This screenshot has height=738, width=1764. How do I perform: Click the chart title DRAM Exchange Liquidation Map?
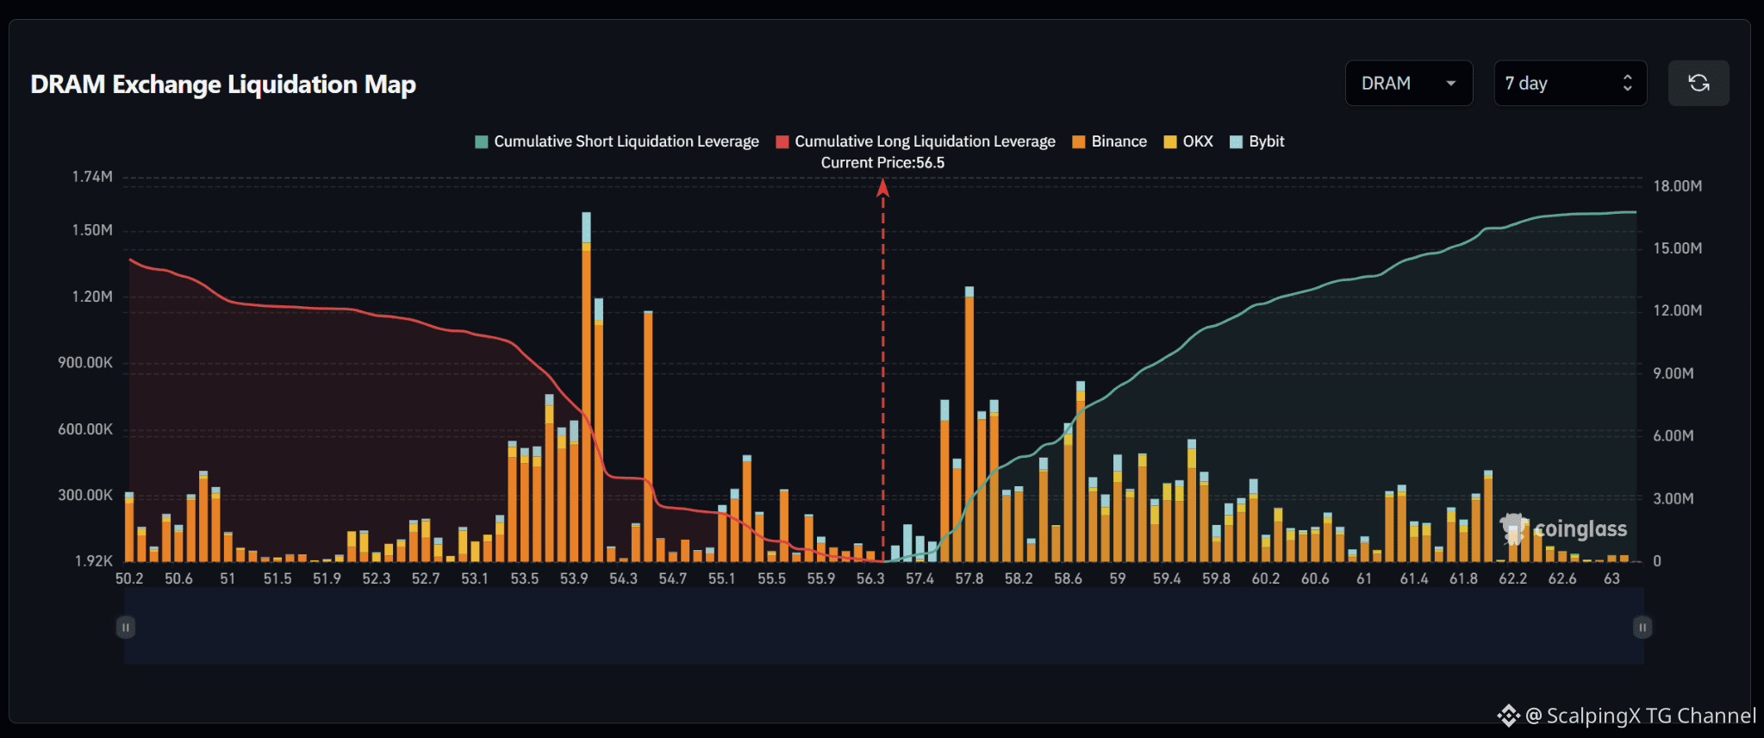223,84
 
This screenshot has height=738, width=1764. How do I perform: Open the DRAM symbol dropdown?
1409,84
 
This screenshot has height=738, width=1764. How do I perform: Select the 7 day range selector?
1570,84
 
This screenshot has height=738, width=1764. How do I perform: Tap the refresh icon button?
1699,84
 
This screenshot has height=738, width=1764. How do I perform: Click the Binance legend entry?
1110,141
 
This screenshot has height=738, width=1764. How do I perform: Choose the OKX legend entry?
1188,141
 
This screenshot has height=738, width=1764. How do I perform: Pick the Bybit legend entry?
1257,141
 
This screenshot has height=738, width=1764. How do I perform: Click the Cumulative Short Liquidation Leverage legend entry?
617,141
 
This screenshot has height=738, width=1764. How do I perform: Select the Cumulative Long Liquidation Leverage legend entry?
915,141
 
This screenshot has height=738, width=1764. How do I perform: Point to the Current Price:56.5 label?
882,163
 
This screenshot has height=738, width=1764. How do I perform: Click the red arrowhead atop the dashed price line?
882,187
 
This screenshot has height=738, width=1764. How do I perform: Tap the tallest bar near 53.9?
586,387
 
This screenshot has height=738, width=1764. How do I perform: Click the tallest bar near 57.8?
969,424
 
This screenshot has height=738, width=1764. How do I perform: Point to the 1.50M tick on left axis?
92,230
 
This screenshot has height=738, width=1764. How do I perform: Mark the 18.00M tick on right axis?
1677,186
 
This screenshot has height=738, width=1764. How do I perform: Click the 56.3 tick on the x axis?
870,579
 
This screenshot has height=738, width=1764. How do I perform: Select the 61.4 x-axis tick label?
1413,579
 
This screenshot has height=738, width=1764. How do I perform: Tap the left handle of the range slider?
126,628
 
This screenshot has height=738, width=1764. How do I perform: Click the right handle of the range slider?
1642,628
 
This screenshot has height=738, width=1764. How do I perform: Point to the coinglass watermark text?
1580,528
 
